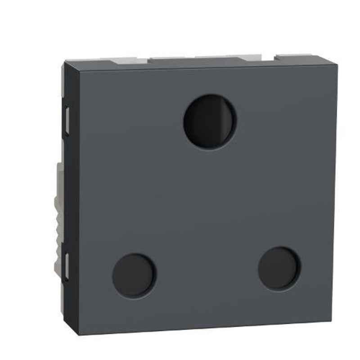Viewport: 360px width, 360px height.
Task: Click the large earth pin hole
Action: click(x=210, y=121)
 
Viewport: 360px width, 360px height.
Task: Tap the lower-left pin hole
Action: click(x=134, y=275)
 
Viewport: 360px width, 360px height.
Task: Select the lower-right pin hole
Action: click(x=279, y=269)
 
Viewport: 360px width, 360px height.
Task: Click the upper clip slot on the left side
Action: click(x=66, y=120)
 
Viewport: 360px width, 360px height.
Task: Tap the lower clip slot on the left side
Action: click(x=66, y=266)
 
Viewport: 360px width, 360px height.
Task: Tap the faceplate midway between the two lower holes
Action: click(x=207, y=272)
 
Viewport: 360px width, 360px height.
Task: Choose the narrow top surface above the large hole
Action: click(x=210, y=65)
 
